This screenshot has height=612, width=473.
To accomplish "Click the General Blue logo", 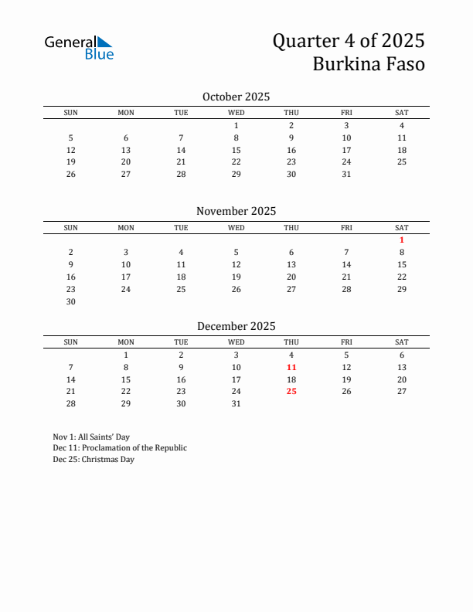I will [x=79, y=47].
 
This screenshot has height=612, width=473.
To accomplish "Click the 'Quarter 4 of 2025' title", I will [x=348, y=41].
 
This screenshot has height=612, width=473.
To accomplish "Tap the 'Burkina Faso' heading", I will [x=369, y=64].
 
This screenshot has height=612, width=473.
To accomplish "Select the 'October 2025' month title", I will [x=236, y=97].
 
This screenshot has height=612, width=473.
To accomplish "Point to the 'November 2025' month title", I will [x=236, y=211].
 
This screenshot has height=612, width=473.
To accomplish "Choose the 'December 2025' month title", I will [x=236, y=326].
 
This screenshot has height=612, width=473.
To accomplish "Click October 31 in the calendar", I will [x=346, y=174].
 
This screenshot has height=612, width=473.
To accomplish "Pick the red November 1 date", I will [x=402, y=240].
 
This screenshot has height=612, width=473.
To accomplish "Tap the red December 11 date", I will [x=291, y=367].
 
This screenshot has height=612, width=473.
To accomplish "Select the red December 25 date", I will [x=291, y=391].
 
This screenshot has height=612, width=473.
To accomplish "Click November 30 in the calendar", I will [x=71, y=301].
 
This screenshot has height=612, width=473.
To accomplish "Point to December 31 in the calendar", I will [x=236, y=403].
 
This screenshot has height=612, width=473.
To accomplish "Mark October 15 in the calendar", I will [x=236, y=150].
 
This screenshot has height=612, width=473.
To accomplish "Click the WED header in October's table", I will [x=236, y=113].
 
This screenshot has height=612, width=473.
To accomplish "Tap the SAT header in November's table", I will [x=402, y=227].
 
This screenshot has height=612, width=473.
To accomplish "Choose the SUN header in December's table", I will [x=71, y=342].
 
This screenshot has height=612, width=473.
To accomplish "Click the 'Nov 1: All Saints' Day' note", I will [x=91, y=437].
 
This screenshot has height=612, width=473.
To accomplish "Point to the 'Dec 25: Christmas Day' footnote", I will [x=94, y=460].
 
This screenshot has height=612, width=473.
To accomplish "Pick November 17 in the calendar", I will [x=126, y=277].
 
